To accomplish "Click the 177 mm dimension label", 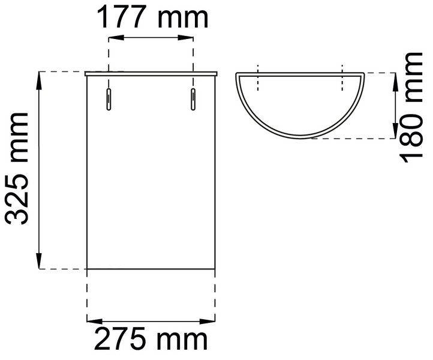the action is pos(153,17).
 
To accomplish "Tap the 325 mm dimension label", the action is pos(17,169).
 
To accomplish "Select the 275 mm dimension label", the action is pos(151,339).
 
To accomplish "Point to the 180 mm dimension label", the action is pos(411,108).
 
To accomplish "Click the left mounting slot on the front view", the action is pos(109,100).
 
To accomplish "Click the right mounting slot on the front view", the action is pos(193,100).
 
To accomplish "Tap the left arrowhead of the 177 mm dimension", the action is pos(116,38).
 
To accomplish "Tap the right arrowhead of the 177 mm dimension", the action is pos(185,38).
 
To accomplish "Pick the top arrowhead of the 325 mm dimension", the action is pos(39,80).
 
